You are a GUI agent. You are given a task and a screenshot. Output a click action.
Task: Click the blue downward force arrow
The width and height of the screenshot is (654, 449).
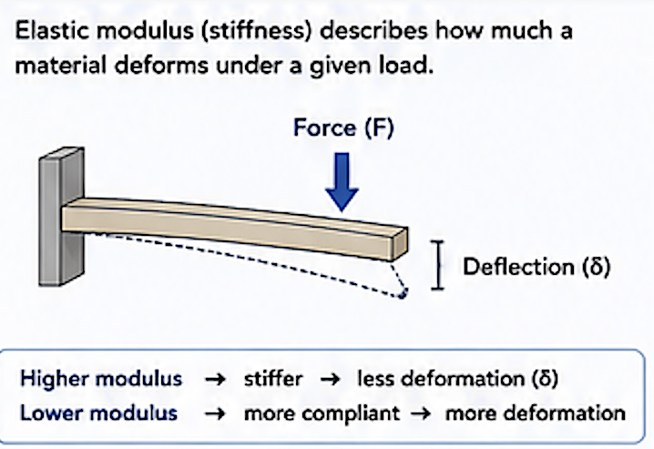click(342, 182)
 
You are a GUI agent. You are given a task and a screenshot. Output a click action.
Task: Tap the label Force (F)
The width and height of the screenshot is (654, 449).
click(343, 128)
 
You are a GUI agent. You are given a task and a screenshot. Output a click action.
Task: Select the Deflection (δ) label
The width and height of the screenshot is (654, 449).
click(536, 266)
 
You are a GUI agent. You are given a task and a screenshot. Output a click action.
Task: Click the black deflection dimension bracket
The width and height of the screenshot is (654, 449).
click(437, 265)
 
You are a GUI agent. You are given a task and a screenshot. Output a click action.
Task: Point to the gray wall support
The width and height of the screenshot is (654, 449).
click(62, 217)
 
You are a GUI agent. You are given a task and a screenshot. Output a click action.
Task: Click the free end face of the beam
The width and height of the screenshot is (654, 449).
click(399, 245)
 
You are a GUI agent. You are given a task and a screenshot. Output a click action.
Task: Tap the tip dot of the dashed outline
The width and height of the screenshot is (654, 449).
click(403, 294)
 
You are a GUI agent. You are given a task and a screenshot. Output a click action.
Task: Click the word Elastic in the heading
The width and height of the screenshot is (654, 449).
click(52, 31)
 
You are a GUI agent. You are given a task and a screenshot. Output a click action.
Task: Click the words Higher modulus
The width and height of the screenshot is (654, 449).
click(101, 379)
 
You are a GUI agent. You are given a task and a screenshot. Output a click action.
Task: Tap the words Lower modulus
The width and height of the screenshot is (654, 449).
click(99, 413)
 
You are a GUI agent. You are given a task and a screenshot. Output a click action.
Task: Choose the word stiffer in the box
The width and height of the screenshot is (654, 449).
click(273, 379)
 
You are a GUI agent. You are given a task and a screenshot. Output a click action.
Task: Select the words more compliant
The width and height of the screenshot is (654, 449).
click(322, 414)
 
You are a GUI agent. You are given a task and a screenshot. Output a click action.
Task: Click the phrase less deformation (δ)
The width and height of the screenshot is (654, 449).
click(457, 379)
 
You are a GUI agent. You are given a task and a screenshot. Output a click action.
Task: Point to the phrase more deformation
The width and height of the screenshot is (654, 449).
click(536, 413)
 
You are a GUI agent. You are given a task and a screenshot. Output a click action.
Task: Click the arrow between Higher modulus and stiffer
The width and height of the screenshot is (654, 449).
click(215, 380)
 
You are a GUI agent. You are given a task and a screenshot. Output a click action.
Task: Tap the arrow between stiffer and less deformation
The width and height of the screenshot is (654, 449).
click(330, 380)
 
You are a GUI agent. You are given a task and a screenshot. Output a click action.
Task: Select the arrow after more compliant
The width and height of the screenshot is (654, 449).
click(421, 414)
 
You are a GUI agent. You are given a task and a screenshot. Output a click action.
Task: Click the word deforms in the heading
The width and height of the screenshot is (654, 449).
click(161, 66)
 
